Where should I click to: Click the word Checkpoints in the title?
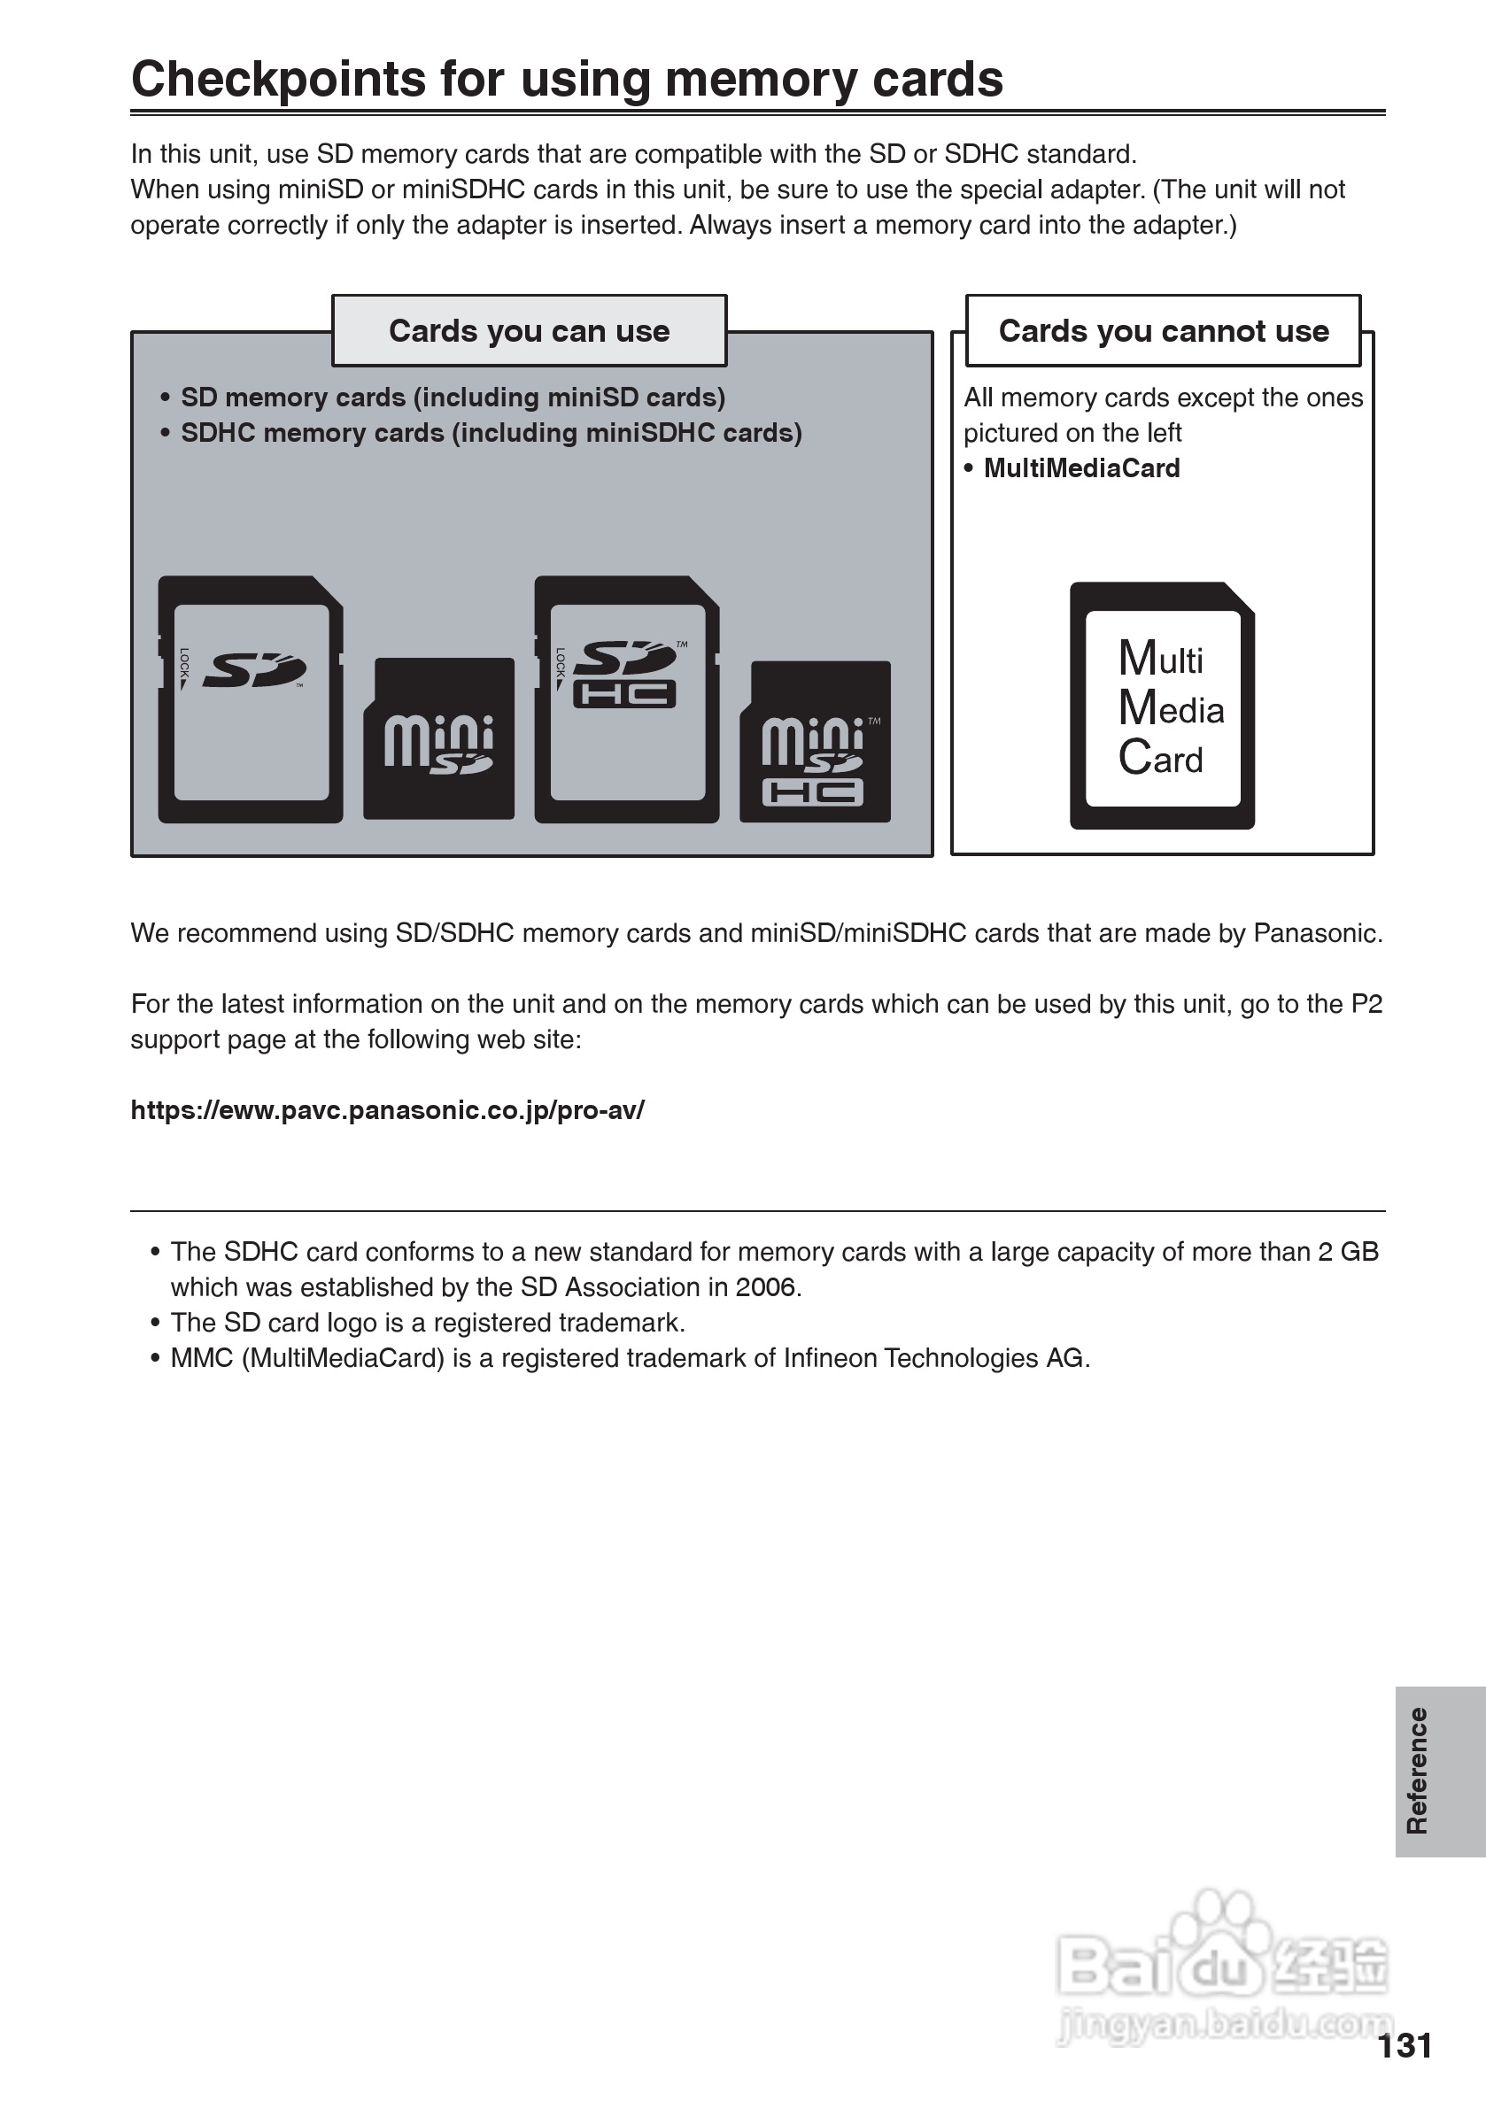[x=278, y=80]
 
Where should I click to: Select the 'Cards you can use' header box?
[x=529, y=330]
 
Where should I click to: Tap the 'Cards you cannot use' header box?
[x=1163, y=330]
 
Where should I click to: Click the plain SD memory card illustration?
[x=251, y=699]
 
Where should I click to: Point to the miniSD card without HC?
[x=439, y=739]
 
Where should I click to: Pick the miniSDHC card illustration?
[x=815, y=742]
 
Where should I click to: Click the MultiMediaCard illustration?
[x=1162, y=706]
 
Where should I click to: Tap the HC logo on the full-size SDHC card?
[x=624, y=694]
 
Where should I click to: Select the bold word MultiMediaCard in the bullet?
[x=1081, y=468]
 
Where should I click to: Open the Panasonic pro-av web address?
[x=388, y=1110]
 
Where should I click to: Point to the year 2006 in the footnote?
[x=766, y=1287]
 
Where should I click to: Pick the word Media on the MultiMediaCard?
[x=1171, y=709]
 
